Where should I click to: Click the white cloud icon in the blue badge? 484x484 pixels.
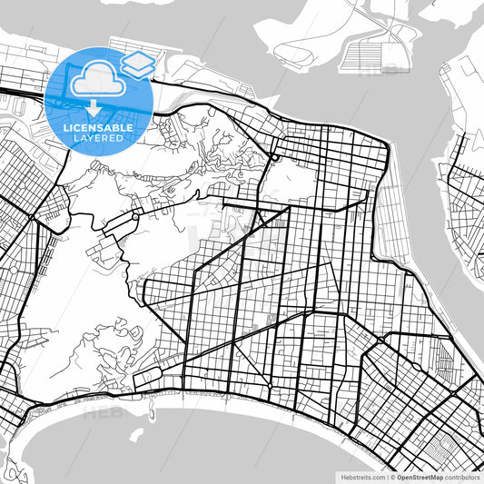pyautogui.click(x=97, y=80)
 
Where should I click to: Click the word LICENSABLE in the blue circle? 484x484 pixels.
pyautogui.click(x=98, y=128)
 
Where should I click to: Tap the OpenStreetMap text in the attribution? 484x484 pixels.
pyautogui.click(x=420, y=476)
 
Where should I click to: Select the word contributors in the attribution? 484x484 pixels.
pyautogui.click(x=462, y=476)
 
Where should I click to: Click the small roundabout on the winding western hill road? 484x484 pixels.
pyautogui.click(x=133, y=218)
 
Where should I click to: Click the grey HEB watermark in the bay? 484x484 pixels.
pyautogui.click(x=100, y=413)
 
